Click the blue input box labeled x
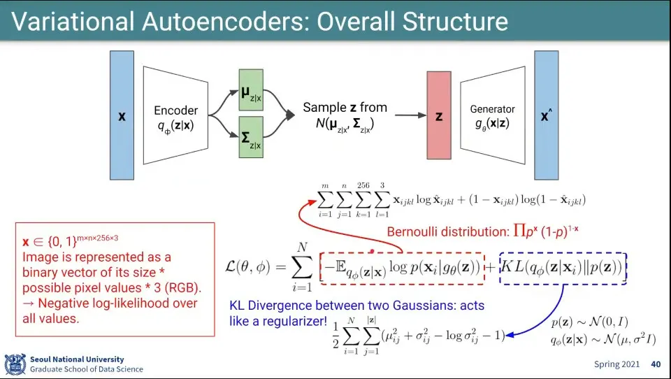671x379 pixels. click(122, 115)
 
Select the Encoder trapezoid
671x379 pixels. click(176, 116)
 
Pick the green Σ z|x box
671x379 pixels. click(250, 140)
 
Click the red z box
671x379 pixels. click(439, 116)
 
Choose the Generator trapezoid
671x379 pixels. click(492, 115)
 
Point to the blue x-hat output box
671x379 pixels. click(547, 115)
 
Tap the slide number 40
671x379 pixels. click(656, 364)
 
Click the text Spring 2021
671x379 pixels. click(617, 364)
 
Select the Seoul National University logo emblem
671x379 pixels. click(15, 364)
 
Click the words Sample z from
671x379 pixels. click(345, 108)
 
